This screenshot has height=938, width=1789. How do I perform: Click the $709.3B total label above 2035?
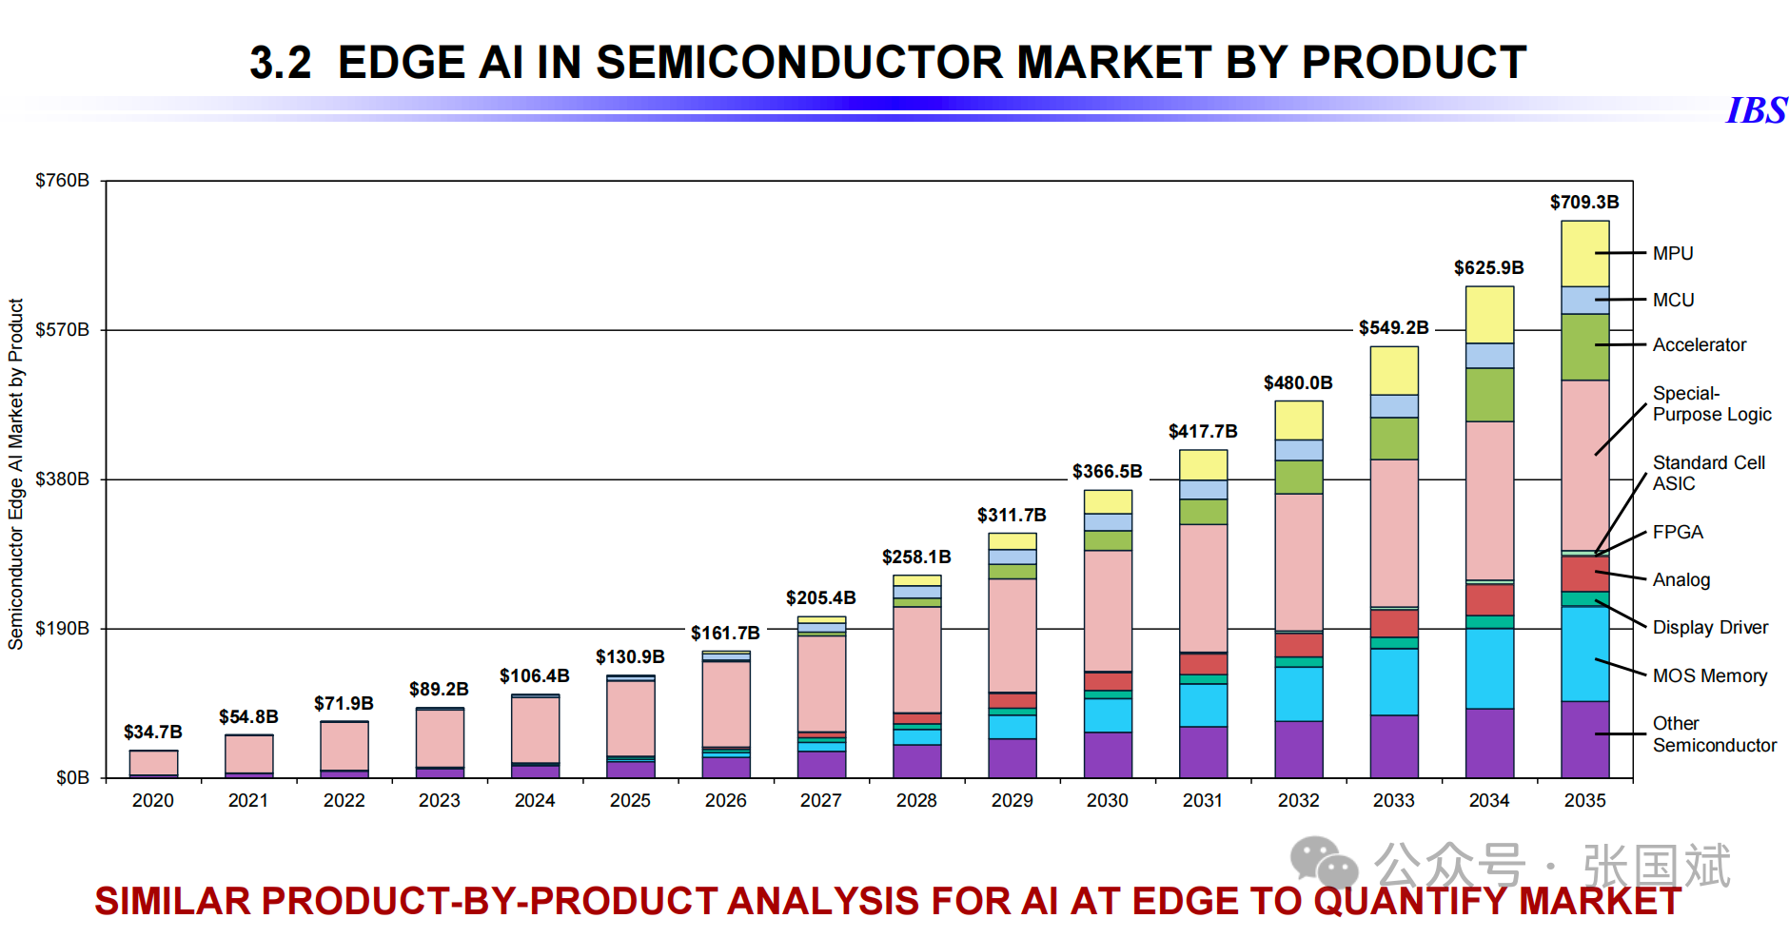click(1583, 202)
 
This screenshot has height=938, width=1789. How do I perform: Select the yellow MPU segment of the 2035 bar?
click(1584, 253)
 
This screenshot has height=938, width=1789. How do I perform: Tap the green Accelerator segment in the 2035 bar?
click(1584, 346)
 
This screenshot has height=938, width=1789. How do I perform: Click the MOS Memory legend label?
click(1709, 675)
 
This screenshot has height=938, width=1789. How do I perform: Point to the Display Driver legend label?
click(1710, 627)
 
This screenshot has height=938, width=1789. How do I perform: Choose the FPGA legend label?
click(1677, 532)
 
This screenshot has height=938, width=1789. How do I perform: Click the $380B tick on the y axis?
click(62, 479)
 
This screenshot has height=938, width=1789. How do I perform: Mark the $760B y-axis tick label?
click(62, 180)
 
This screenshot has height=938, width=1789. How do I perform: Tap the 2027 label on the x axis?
click(820, 800)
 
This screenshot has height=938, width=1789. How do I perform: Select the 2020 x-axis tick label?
click(152, 800)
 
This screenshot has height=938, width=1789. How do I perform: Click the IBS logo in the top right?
click(1756, 110)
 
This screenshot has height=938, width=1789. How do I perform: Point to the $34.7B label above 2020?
click(152, 732)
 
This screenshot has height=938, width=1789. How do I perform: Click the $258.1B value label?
click(915, 557)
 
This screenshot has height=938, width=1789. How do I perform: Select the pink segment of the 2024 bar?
click(535, 729)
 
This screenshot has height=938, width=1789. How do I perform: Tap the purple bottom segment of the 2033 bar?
click(1393, 746)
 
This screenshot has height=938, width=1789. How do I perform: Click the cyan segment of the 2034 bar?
click(1489, 668)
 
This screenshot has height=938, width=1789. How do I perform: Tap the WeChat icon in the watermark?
click(1323, 863)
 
